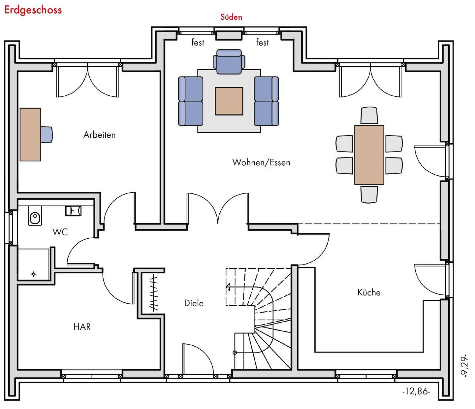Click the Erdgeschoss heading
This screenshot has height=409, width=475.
click(33, 10)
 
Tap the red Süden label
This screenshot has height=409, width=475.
click(231, 17)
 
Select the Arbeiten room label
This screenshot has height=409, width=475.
click(99, 135)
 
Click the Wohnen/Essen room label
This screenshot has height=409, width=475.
click(261, 162)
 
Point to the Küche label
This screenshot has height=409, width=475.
click(369, 292)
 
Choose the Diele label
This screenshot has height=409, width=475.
click(194, 303)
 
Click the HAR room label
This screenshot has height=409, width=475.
click(82, 327)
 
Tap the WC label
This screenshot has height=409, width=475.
click(60, 232)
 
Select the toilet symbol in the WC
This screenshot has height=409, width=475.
click(35, 218)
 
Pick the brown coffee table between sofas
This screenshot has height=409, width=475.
click(229, 101)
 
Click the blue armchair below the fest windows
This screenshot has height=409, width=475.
click(229, 61)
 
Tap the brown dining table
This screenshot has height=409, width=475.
click(369, 154)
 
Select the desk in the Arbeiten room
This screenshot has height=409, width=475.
click(30, 134)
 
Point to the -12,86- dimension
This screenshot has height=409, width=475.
click(416, 392)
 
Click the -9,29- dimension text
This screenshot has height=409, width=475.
click(464, 366)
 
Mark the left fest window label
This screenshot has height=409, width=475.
click(198, 43)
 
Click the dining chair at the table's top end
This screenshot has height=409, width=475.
click(369, 115)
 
